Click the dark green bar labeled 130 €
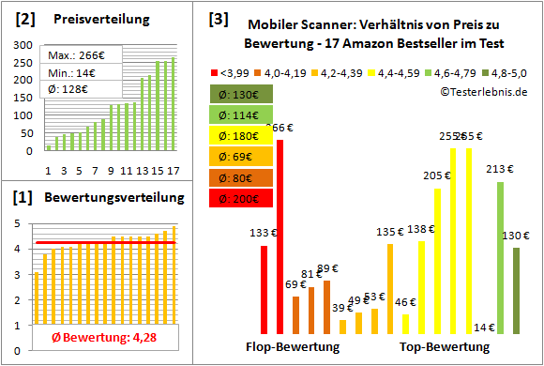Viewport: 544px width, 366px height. coord(516,291)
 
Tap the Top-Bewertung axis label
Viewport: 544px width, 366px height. coord(445,347)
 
